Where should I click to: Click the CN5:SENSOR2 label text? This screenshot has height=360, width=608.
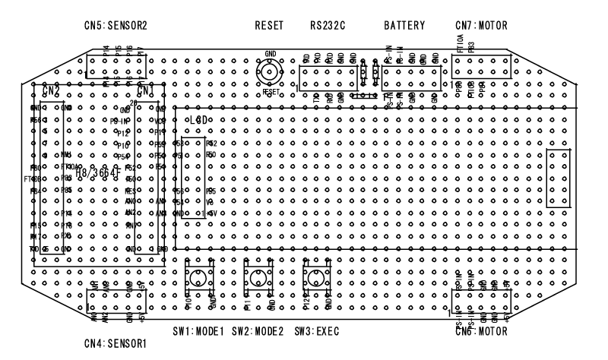click(116, 25)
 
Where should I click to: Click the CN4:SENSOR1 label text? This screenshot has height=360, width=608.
click(116, 343)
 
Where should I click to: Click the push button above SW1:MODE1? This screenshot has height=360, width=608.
click(199, 279)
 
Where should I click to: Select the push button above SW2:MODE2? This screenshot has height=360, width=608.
click(256, 279)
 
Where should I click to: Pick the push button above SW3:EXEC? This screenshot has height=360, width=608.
click(315, 279)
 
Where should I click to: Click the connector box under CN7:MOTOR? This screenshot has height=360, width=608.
click(480, 65)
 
